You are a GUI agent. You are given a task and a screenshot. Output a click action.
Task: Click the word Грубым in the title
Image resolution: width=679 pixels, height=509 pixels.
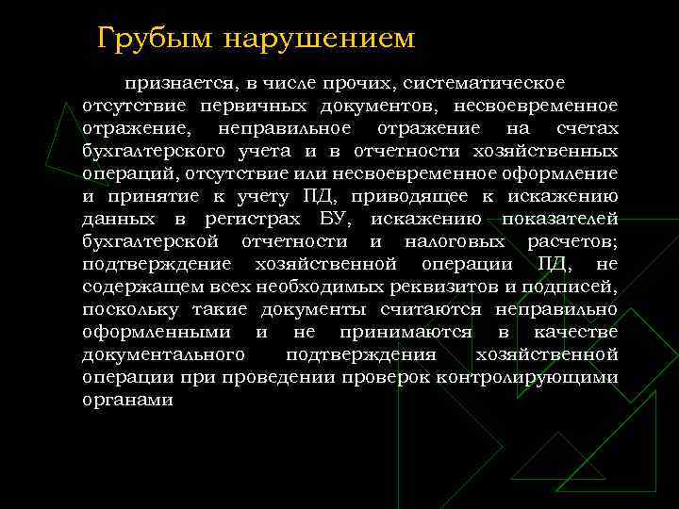157,39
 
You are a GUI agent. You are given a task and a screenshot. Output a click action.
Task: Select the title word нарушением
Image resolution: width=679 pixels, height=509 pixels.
321,39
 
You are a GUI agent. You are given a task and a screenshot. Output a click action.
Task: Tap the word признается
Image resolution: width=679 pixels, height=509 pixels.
188,84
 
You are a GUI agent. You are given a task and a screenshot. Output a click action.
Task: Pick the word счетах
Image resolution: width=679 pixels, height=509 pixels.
587,128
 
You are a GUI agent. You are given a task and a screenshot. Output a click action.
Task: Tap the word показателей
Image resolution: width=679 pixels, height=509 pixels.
560,219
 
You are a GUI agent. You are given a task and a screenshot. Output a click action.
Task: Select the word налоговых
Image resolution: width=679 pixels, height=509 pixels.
455,241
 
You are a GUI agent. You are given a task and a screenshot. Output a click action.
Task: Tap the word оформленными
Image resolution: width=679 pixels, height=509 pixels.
157,332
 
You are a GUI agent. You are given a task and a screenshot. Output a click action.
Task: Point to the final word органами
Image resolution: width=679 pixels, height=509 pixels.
127,400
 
